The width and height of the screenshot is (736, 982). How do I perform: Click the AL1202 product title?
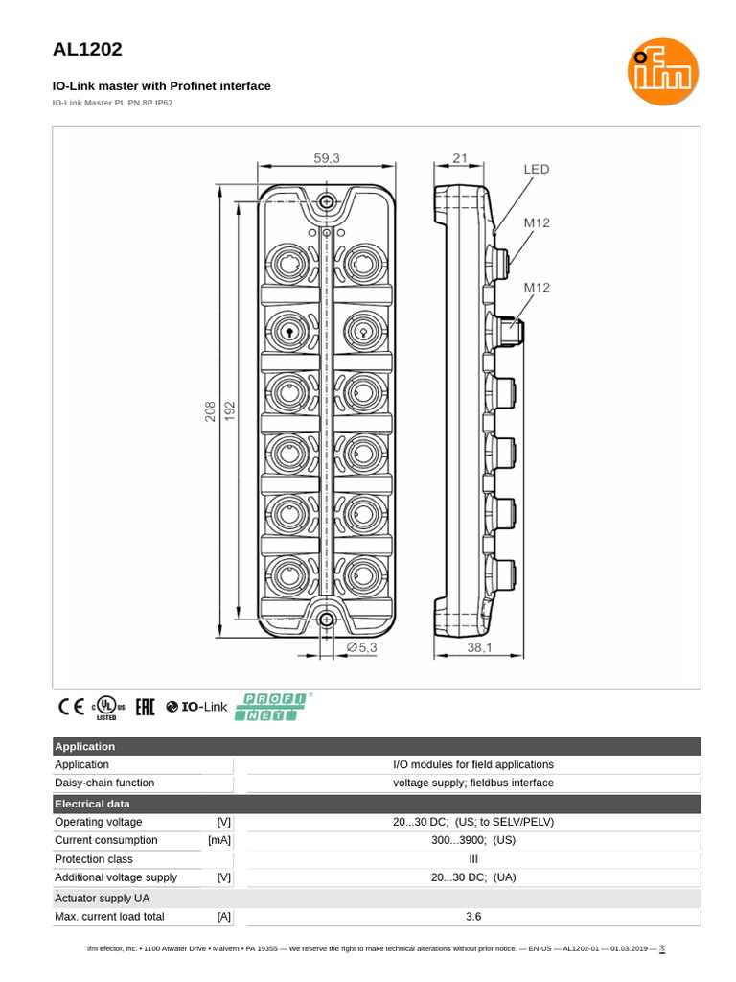pyautogui.click(x=87, y=49)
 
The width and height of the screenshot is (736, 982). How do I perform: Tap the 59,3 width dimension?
pyautogui.click(x=327, y=159)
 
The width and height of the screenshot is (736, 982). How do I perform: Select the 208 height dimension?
pyautogui.click(x=210, y=410)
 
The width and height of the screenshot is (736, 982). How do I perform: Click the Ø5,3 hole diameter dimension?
pyautogui.click(x=362, y=648)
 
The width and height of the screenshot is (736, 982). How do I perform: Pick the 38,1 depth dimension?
pyautogui.click(x=479, y=648)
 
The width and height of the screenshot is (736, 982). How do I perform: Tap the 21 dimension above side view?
pyautogui.click(x=459, y=159)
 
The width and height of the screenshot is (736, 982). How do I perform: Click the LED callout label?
pyautogui.click(x=537, y=170)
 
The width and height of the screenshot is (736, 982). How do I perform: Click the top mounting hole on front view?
pyautogui.click(x=327, y=201)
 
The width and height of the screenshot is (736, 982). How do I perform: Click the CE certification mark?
pyautogui.click(x=71, y=708)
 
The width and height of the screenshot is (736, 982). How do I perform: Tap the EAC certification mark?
pyautogui.click(x=145, y=708)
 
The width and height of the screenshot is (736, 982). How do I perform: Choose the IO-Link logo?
pyautogui.click(x=196, y=708)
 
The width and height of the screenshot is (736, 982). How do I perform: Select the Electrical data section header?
pyautogui.click(x=92, y=804)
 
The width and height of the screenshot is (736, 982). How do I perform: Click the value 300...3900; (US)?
pyautogui.click(x=472, y=840)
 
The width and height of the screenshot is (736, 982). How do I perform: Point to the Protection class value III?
pyautogui.click(x=472, y=859)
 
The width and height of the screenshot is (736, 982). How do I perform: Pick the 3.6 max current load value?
pyautogui.click(x=472, y=917)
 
